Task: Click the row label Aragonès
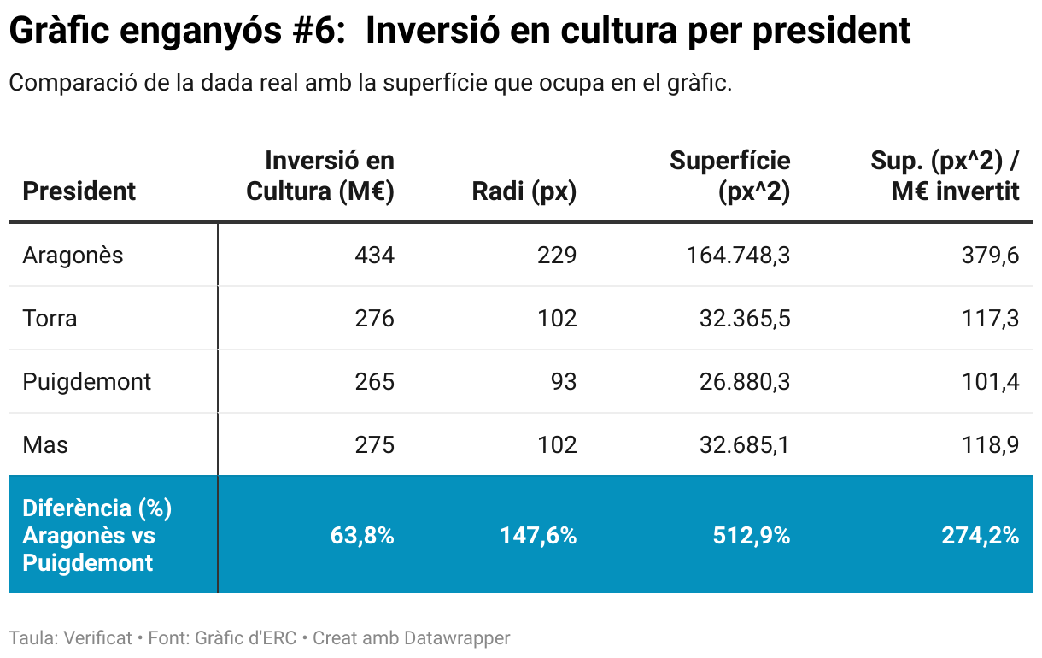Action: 73,256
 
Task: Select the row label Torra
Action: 50,319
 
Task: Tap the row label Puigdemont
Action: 86,381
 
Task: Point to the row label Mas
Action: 45,444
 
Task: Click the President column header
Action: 79,191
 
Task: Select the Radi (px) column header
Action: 524,191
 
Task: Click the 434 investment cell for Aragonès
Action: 375,256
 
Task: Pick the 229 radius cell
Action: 558,256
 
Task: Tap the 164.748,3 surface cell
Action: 738,256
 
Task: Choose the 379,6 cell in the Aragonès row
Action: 991,256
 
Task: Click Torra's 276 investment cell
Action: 375,319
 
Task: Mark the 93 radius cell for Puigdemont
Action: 563,381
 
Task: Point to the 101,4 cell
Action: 991,381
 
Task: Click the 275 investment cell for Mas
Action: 375,444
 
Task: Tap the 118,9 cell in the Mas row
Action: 991,444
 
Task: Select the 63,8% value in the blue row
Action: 362,536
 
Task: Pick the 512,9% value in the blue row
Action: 751,536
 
